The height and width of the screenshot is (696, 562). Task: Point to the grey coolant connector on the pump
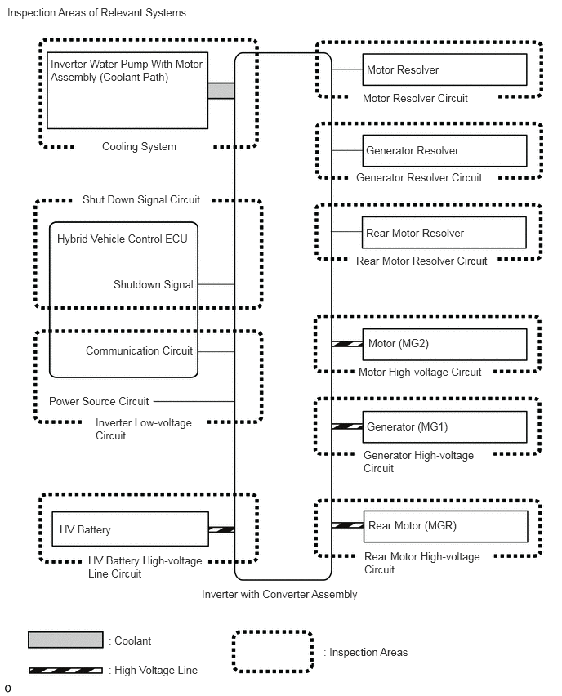click(221, 91)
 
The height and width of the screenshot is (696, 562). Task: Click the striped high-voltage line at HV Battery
click(221, 529)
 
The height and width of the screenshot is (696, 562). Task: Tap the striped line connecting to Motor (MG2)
click(347, 344)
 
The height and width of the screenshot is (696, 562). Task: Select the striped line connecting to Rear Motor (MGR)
click(348, 525)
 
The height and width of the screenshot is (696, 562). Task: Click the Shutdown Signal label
click(153, 284)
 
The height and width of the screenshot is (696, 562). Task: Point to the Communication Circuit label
click(139, 350)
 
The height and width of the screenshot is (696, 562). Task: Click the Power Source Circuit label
click(99, 401)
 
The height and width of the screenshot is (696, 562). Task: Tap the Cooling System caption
click(139, 146)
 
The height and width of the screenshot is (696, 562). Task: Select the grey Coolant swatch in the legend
click(65, 640)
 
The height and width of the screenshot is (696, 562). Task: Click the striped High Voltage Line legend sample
click(65, 670)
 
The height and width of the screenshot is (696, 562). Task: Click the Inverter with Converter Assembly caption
click(279, 594)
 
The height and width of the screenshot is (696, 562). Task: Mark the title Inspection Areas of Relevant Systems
click(96, 12)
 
